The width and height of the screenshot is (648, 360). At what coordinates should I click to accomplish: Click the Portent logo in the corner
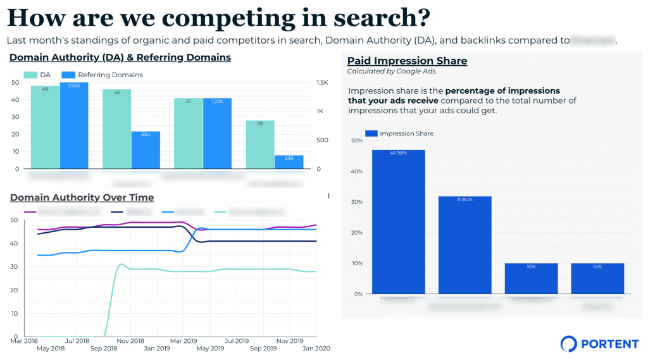click(x=599, y=344)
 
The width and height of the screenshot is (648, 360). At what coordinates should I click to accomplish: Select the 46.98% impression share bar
click(x=398, y=221)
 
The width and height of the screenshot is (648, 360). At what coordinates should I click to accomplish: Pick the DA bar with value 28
click(x=260, y=144)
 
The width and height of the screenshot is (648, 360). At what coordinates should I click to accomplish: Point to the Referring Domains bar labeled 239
click(x=289, y=162)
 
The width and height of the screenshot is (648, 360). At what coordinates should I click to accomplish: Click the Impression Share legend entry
click(x=399, y=133)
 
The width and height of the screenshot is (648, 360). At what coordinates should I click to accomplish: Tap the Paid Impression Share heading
click(x=407, y=61)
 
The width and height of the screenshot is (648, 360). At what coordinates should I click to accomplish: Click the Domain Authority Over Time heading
click(x=82, y=197)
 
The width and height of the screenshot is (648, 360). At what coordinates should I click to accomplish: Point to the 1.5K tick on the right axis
click(x=322, y=83)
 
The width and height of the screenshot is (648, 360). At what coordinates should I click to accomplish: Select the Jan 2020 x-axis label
click(x=317, y=348)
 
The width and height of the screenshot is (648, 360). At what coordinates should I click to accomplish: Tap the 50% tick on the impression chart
click(x=356, y=140)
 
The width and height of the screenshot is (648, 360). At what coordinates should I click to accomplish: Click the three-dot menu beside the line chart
click(x=328, y=196)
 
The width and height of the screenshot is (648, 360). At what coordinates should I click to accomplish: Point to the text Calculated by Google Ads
click(x=392, y=71)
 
